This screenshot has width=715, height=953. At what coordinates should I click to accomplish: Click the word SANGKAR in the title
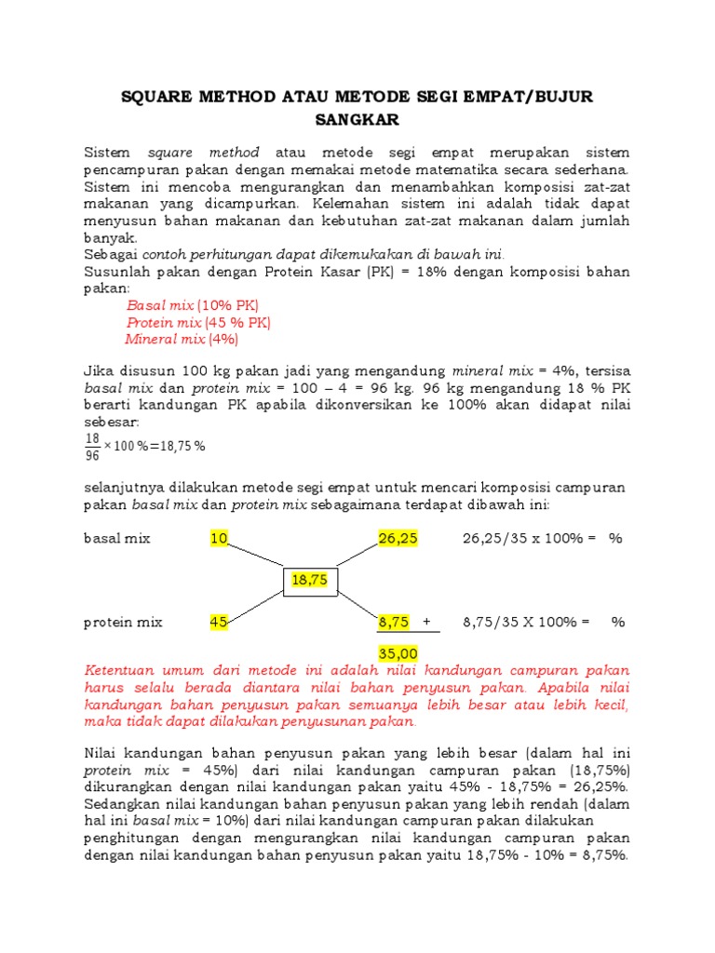[357, 119]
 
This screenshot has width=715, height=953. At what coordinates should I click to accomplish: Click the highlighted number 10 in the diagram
[220, 538]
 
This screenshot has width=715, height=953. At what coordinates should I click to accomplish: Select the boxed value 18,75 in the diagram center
[311, 579]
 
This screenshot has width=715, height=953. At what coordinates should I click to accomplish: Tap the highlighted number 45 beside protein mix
[220, 622]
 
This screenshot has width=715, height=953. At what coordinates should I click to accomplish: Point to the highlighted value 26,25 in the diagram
[398, 538]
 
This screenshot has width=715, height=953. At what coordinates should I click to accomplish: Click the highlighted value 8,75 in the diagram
[394, 622]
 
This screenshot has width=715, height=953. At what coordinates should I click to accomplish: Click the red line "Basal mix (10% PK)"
[193, 305]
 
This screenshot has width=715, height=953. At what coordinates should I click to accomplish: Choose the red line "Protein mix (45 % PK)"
[198, 322]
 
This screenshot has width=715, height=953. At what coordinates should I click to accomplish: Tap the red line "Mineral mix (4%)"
[182, 339]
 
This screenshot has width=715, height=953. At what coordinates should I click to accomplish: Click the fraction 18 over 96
[92, 446]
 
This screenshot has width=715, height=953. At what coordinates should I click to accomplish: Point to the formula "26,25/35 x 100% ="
[528, 538]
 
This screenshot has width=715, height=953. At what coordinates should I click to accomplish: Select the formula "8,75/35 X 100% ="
[526, 622]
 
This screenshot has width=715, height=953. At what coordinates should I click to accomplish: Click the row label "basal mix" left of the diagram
[116, 538]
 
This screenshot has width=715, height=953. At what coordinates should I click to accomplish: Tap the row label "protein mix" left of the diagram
[123, 622]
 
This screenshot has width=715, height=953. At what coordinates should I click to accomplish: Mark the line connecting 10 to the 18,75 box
[256, 556]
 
